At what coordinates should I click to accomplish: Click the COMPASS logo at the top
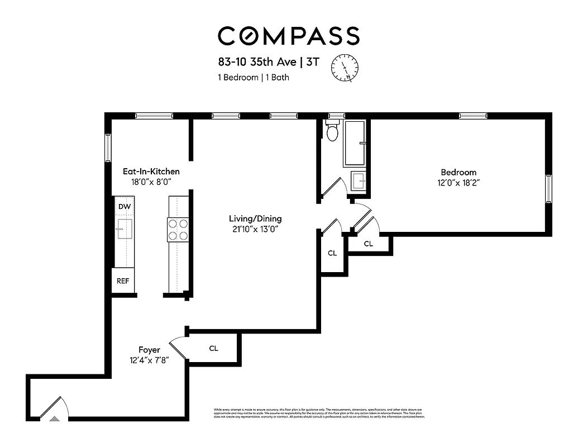(x=288, y=36)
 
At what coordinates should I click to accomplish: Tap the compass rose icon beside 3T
(x=345, y=67)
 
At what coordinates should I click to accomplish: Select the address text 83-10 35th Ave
(x=254, y=62)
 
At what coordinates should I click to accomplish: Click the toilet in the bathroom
(x=333, y=131)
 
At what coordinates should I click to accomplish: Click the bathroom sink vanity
(x=359, y=181)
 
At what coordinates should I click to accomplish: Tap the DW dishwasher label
(x=124, y=207)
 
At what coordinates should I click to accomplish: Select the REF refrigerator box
(x=123, y=280)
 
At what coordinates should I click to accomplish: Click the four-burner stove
(x=178, y=230)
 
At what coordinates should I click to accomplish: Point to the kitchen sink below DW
(x=124, y=229)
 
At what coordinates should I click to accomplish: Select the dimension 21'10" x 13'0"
(x=255, y=229)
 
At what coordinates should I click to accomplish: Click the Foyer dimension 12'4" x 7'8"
(x=149, y=360)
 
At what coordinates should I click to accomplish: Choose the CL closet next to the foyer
(x=213, y=349)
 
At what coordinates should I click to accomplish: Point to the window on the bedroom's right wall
(x=548, y=189)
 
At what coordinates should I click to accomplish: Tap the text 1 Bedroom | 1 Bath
(x=254, y=77)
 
